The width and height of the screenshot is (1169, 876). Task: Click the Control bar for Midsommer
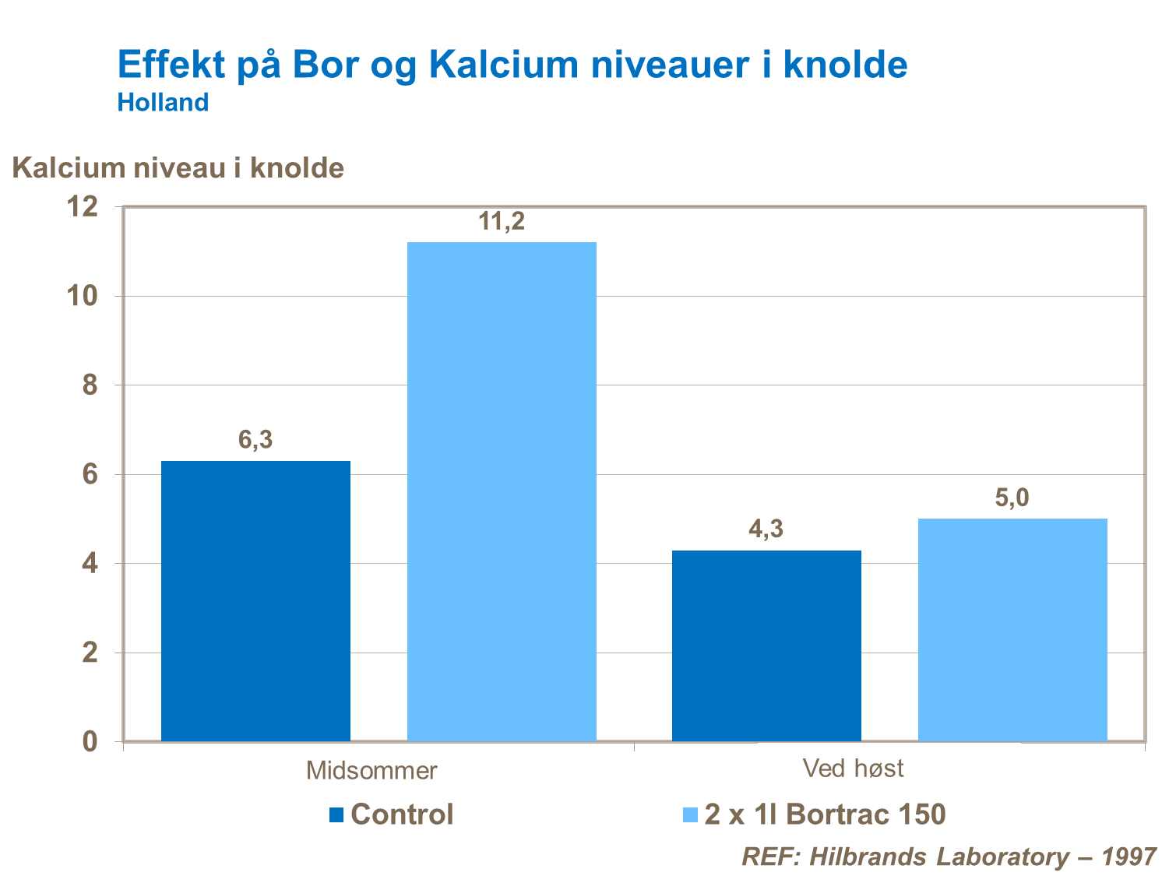(x=255, y=600)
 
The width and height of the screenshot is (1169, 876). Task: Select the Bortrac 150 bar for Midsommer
(x=502, y=491)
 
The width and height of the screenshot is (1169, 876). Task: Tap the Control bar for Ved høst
(x=766, y=646)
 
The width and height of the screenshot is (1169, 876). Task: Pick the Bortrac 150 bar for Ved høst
(x=1012, y=629)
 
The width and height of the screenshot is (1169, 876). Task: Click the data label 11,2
(x=502, y=222)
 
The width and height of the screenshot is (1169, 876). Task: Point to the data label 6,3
(x=255, y=440)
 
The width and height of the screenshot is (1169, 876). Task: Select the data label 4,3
(x=766, y=529)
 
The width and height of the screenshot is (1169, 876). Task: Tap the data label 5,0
(x=1012, y=498)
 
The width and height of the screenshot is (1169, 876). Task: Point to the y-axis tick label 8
(x=90, y=385)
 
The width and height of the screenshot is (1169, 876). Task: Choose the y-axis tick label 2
(x=90, y=653)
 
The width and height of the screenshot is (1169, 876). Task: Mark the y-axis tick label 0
(x=90, y=741)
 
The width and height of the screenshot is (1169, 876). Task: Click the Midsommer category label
(x=371, y=771)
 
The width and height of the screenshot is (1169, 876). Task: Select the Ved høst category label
(x=853, y=769)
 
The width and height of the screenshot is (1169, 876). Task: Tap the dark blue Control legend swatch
(x=336, y=815)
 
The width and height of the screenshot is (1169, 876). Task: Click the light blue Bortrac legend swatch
(x=689, y=815)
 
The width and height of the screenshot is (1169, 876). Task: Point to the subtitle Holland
(x=163, y=103)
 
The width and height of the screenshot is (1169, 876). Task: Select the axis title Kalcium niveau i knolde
(x=178, y=168)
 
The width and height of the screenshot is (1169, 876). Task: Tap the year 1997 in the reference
(x=1129, y=857)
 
